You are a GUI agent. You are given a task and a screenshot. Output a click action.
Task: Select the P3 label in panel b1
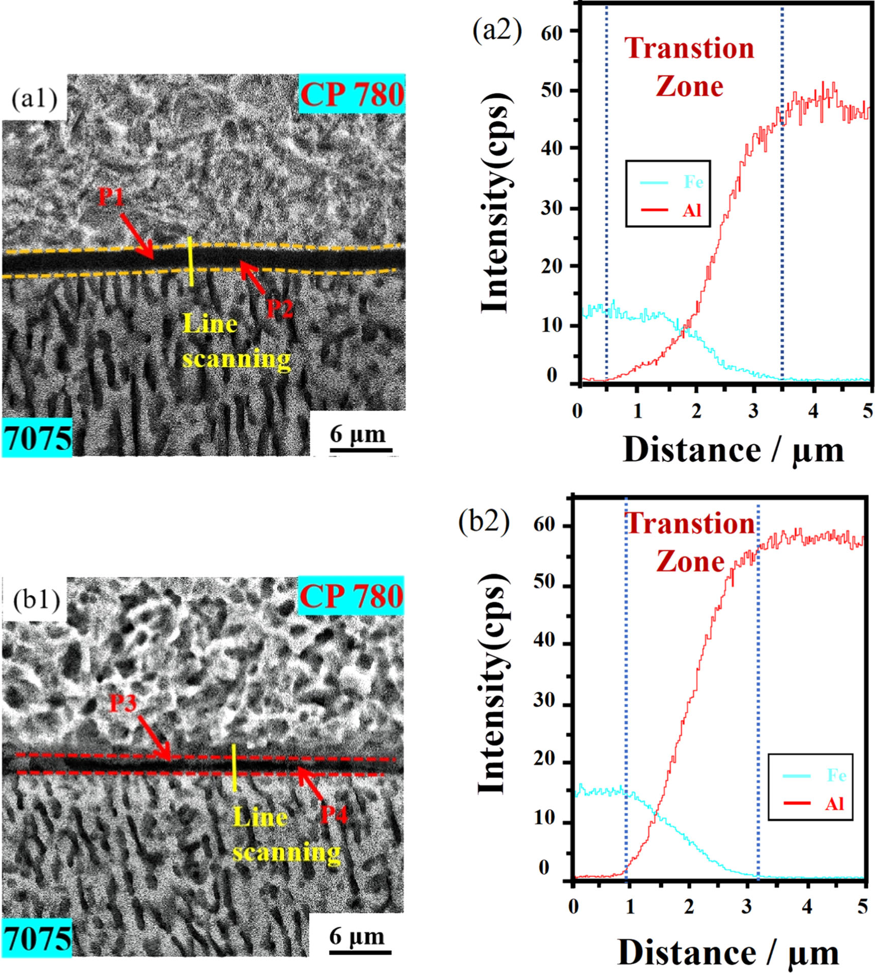click(x=124, y=703)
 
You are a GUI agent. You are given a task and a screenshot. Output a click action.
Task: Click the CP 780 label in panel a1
click(x=352, y=94)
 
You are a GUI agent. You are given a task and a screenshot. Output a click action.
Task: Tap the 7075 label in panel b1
click(x=37, y=938)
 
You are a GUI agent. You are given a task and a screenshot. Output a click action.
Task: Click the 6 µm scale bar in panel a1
click(x=361, y=450)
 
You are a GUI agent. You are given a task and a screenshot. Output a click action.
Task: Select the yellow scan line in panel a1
click(x=190, y=261)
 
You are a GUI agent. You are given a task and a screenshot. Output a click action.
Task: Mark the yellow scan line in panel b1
click(x=234, y=768)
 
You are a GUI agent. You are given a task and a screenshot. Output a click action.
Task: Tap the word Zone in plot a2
click(x=689, y=86)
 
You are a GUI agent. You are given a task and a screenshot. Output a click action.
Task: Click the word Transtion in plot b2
click(x=690, y=524)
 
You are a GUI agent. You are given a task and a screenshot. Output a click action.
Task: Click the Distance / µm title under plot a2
click(x=733, y=451)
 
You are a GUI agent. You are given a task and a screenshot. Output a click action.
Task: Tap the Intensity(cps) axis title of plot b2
click(x=492, y=684)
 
